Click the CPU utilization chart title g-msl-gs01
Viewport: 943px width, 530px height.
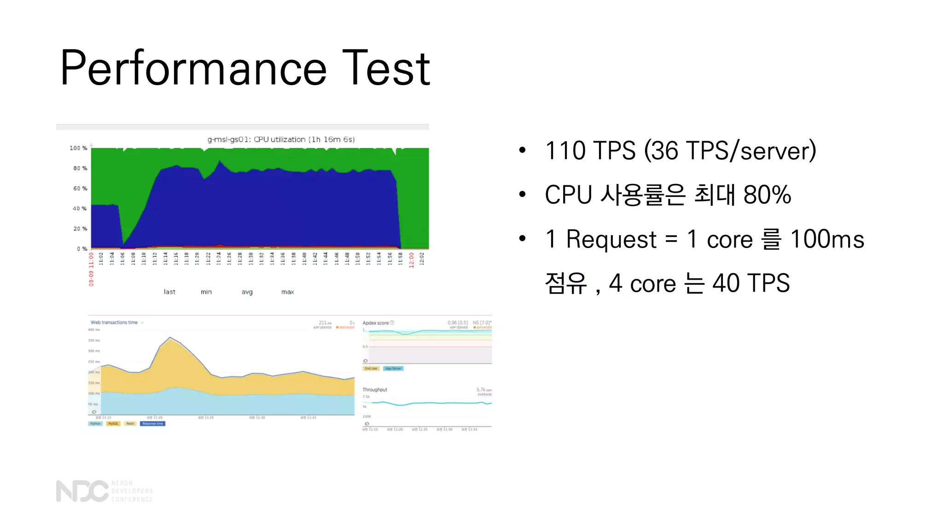click(x=281, y=139)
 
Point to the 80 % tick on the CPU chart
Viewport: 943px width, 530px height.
click(x=80, y=168)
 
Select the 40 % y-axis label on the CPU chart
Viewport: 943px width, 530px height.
click(x=80, y=208)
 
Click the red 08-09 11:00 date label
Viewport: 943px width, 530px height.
click(x=91, y=269)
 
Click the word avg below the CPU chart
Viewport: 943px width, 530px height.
click(x=247, y=292)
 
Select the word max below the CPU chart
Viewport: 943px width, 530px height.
click(x=288, y=292)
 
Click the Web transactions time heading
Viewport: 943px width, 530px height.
click(x=114, y=323)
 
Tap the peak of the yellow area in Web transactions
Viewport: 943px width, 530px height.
click(x=171, y=339)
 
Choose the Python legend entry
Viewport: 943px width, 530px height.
click(x=95, y=424)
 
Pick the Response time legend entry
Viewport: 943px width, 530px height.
click(x=152, y=424)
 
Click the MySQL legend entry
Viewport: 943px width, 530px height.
click(x=113, y=424)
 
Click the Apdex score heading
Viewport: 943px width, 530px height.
click(x=375, y=323)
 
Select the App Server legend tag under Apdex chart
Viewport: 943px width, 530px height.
click(x=393, y=369)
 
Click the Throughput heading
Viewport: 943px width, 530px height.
click(x=375, y=390)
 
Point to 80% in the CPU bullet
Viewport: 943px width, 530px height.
click(x=767, y=195)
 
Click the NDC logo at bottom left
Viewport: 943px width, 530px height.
click(x=82, y=491)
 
